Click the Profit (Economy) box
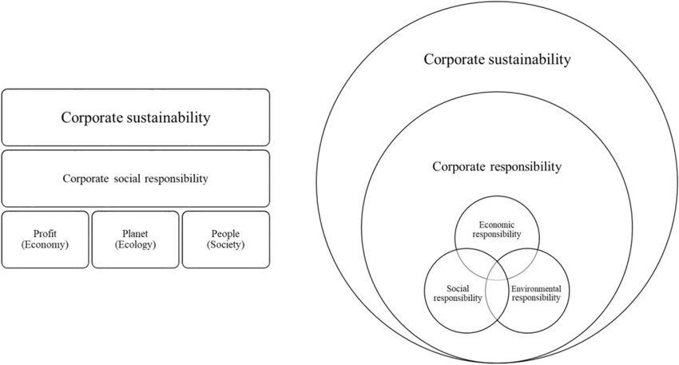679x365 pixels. (x=45, y=239)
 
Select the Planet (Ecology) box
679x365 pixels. (x=135, y=239)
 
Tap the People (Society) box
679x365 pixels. (x=225, y=239)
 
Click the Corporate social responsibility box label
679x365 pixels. (x=135, y=178)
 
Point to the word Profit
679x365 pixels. (x=45, y=232)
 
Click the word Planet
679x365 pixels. (x=135, y=232)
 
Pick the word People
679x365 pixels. (x=225, y=232)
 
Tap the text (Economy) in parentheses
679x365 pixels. (x=45, y=244)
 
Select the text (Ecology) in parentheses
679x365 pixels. (x=135, y=244)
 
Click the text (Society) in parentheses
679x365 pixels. (x=225, y=244)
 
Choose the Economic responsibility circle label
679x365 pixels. (x=496, y=229)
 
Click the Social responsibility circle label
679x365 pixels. (x=459, y=292)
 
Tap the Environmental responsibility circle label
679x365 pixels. (x=536, y=292)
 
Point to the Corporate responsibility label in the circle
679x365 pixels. (x=497, y=168)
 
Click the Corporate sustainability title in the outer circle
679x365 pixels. (x=497, y=59)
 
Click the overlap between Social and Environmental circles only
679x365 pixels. (x=497, y=300)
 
